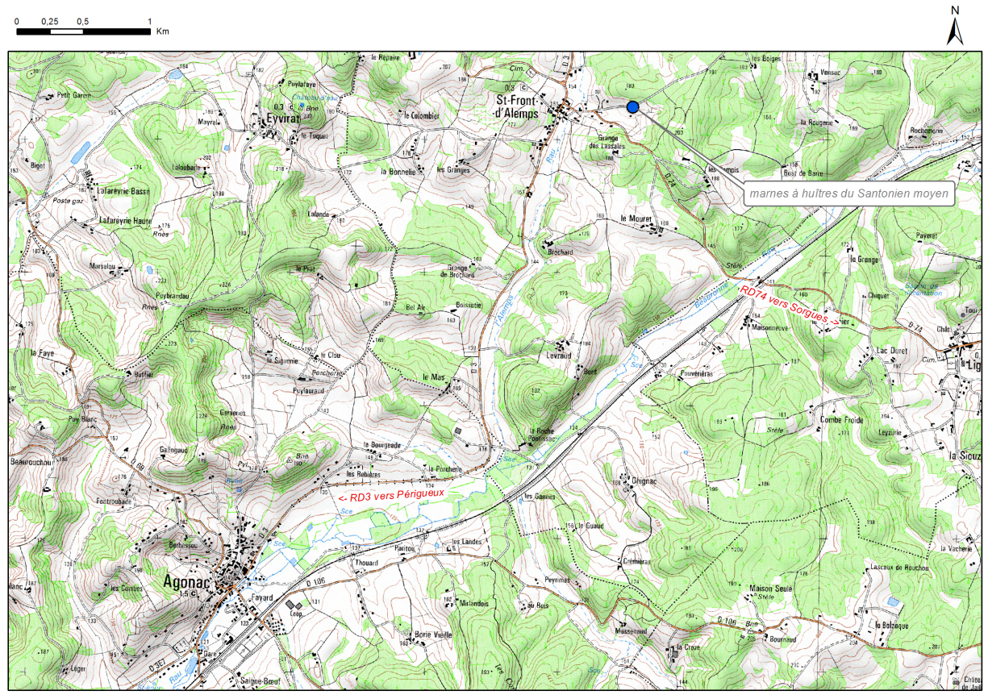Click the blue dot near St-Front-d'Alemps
(x=632, y=107)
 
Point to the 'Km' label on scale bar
(x=163, y=31)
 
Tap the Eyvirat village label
(x=281, y=119)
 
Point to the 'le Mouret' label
(x=635, y=218)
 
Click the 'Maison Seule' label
(x=772, y=588)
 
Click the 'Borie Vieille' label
(x=433, y=635)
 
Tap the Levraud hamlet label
(x=558, y=356)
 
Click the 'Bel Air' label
(x=415, y=307)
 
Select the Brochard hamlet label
(x=560, y=252)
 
